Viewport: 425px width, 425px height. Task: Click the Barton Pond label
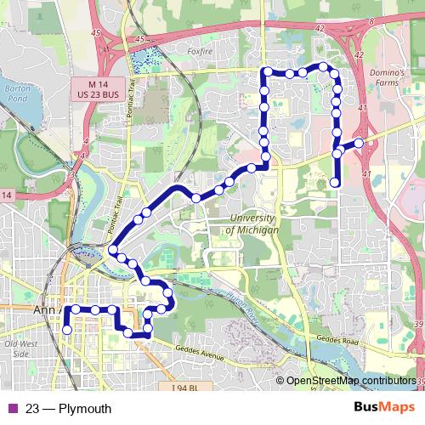[16, 93]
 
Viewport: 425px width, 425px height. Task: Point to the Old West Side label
[17, 348]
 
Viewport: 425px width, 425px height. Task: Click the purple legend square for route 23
[11, 409]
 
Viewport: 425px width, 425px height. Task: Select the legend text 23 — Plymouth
[68, 409]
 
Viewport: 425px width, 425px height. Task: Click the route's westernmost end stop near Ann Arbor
[67, 330]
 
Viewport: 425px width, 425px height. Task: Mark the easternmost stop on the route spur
[359, 143]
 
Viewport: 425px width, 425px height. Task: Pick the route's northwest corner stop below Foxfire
[266, 71]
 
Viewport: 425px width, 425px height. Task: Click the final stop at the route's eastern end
[335, 182]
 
